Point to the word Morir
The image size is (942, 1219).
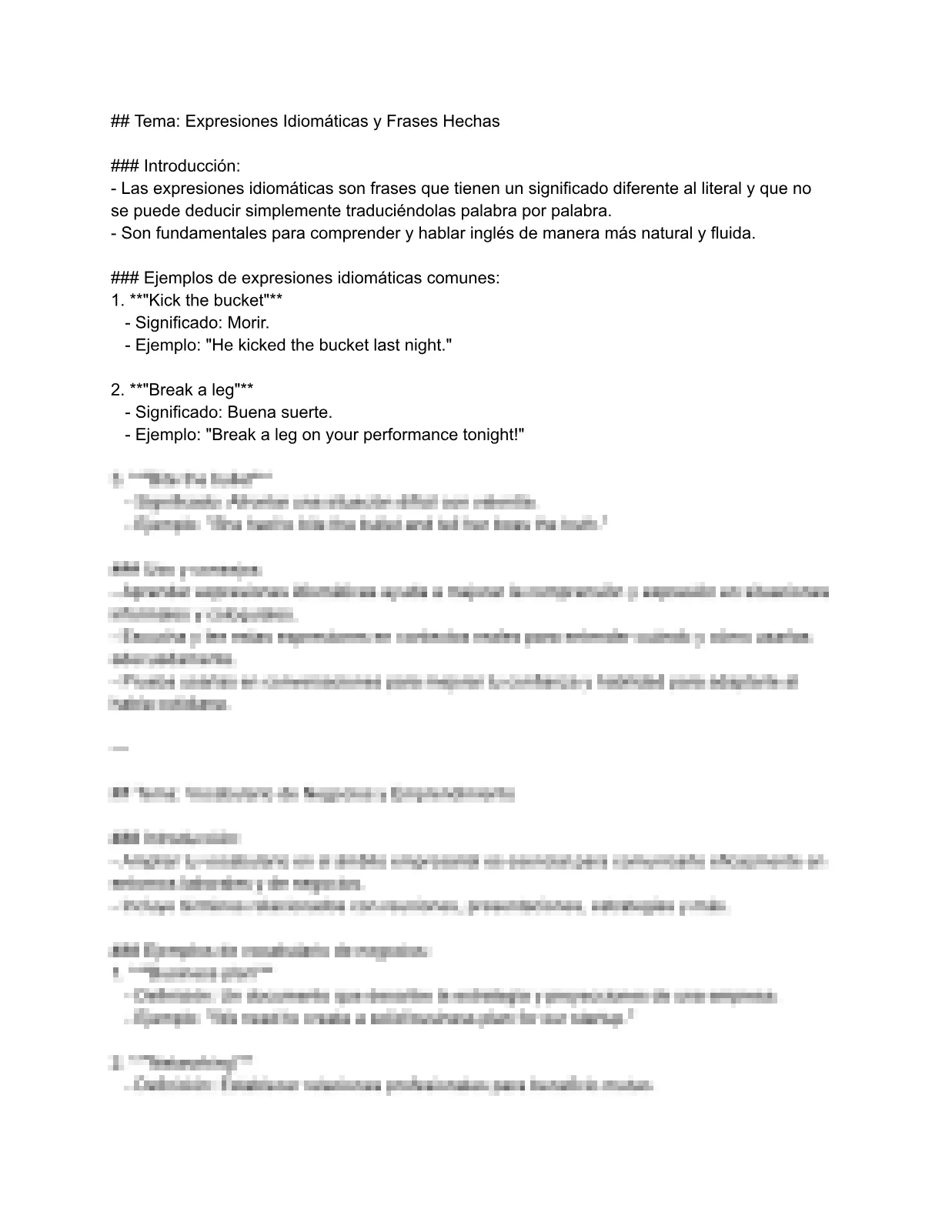[x=249, y=322]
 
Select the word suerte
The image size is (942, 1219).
[x=306, y=412]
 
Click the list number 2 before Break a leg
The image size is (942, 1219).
[x=116, y=389]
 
